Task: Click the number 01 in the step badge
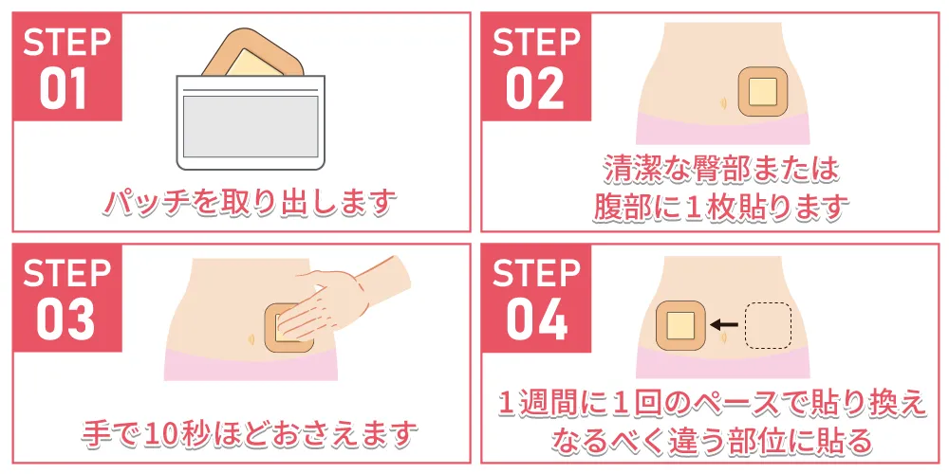pyautogui.click(x=63, y=89)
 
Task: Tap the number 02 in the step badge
pyautogui.click(x=535, y=89)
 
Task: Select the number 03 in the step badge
pyautogui.click(x=65, y=319)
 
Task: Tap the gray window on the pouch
pyautogui.click(x=251, y=126)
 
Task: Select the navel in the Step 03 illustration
pyautogui.click(x=251, y=339)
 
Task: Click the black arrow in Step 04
pyautogui.click(x=723, y=324)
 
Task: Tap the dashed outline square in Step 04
pyautogui.click(x=768, y=325)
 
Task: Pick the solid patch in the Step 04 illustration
pyautogui.click(x=679, y=325)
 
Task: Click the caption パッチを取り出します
pyautogui.click(x=249, y=203)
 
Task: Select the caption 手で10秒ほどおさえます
pyautogui.click(x=250, y=433)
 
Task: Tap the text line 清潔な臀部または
pyautogui.click(x=721, y=170)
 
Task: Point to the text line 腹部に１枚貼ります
pyautogui.click(x=720, y=208)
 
